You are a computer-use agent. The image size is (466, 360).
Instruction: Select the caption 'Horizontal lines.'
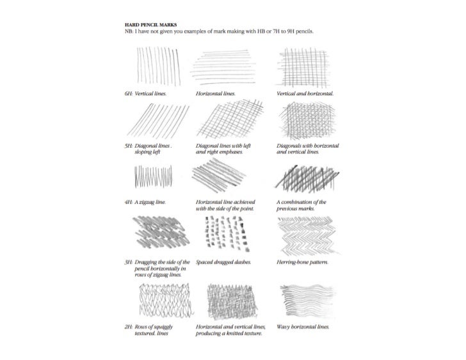coord(216,93)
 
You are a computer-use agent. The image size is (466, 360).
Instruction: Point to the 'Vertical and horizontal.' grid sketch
coord(299,67)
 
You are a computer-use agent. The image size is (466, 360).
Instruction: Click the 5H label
coord(129,146)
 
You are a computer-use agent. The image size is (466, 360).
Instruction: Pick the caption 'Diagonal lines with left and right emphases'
coord(223,149)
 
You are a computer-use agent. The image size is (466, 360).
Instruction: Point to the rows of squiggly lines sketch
coord(160,299)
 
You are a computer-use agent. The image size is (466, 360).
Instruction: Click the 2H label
coord(128,327)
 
